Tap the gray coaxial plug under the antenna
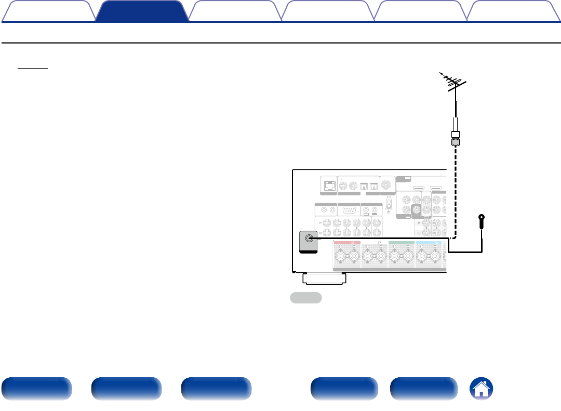click(x=456, y=140)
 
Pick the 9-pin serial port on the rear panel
click(x=348, y=210)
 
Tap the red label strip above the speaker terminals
click(x=347, y=242)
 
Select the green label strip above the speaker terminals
click(x=402, y=242)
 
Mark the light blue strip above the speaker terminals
click(x=429, y=242)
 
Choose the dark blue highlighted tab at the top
click(x=142, y=11)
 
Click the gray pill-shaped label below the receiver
click(x=306, y=298)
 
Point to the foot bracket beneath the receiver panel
click(x=325, y=279)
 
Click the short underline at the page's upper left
click(x=32, y=68)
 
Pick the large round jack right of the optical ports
click(x=387, y=185)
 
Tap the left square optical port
click(x=365, y=185)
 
